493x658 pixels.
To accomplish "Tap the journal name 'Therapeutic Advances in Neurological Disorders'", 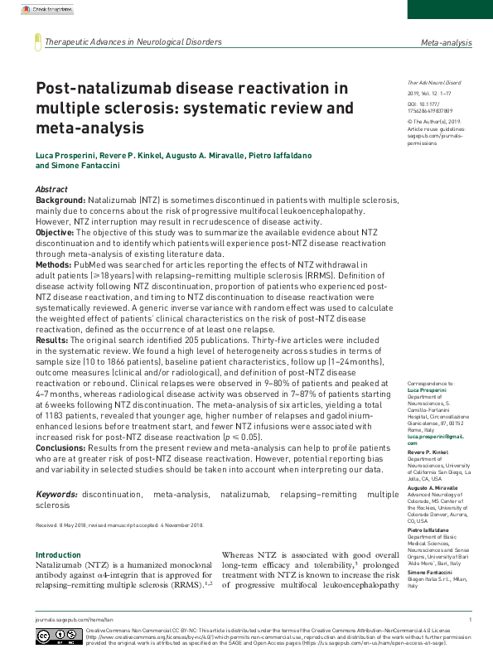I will [x=133, y=41].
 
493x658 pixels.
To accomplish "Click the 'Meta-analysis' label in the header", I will [x=446, y=41].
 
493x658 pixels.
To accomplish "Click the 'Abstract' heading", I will [x=52, y=190].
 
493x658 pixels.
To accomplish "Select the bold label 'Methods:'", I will [x=54, y=265].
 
